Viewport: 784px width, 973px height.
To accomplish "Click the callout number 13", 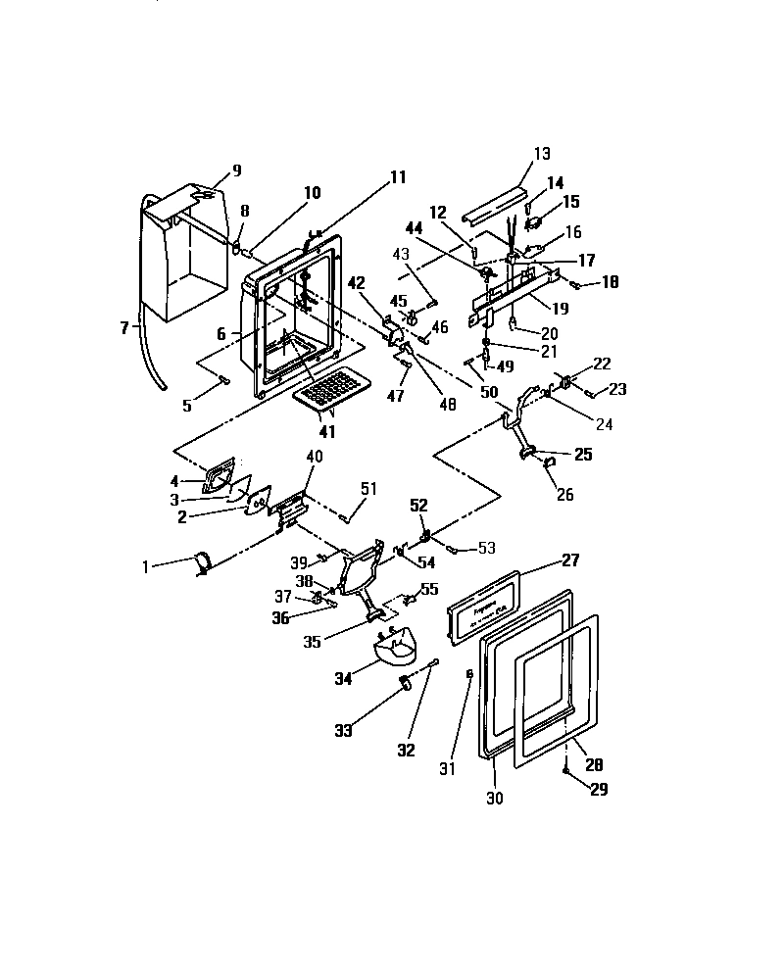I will click(x=542, y=154).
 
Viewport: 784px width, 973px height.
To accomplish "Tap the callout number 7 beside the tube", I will click(x=124, y=327).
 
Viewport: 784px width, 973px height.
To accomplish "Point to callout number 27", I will click(x=569, y=560).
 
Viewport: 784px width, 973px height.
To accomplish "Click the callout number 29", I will click(x=597, y=789).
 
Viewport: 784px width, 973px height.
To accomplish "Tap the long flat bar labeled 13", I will click(x=496, y=201).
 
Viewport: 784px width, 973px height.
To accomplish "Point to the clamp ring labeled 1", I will click(x=202, y=562).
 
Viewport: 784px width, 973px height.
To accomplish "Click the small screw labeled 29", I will click(x=567, y=772).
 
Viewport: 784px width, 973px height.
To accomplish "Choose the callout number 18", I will click(x=610, y=282).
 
